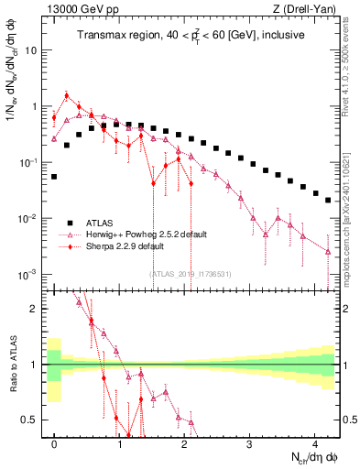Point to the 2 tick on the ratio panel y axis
click(x=36, y=309)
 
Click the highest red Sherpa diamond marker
click(x=67, y=95)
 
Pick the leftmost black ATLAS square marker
click(x=54, y=176)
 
